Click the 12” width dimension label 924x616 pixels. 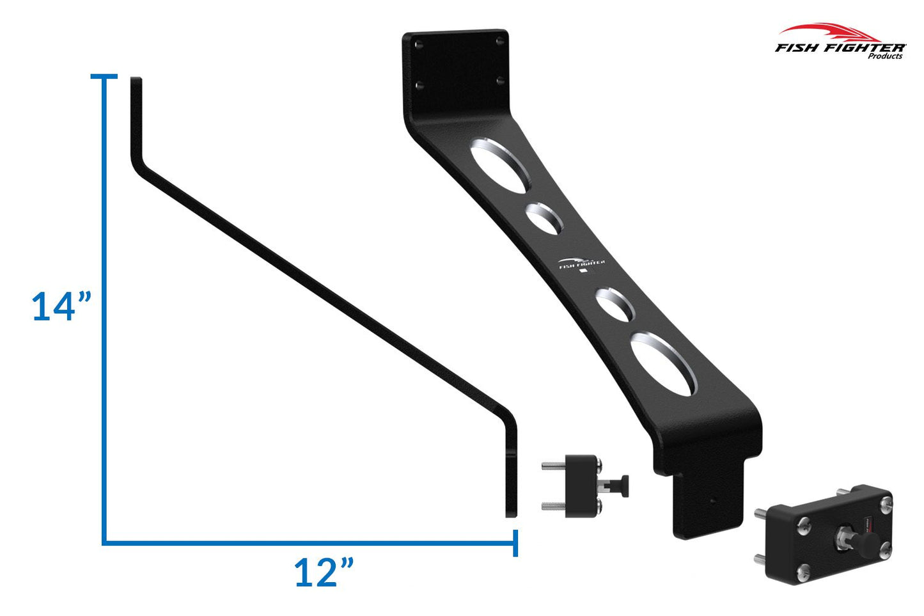(324, 572)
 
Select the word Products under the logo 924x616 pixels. (885, 56)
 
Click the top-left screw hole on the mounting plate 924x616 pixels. (419, 45)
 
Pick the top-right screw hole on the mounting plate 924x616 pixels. (499, 40)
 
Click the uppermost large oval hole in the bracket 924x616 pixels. (499, 164)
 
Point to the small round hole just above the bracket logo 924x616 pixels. (544, 217)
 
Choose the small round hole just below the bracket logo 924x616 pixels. (615, 304)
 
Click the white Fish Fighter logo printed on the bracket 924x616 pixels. (581, 264)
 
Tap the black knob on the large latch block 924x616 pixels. (863, 545)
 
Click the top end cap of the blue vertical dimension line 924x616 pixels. (104, 77)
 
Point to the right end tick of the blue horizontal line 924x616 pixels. (515, 543)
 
